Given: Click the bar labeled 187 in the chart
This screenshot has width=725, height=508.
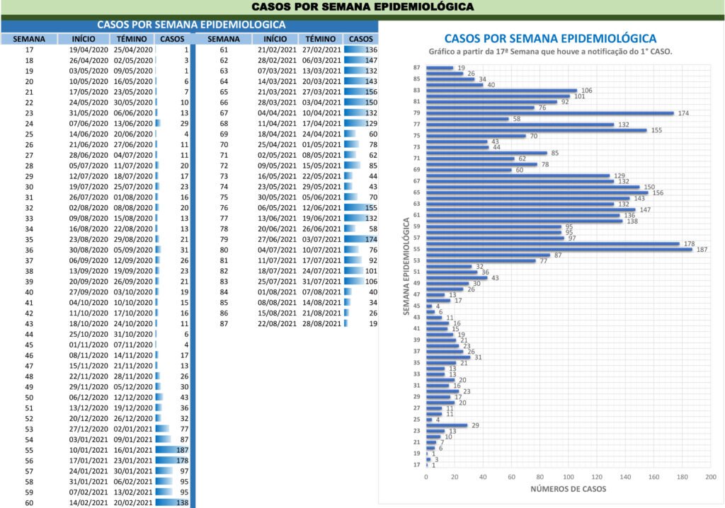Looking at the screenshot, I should [x=559, y=249].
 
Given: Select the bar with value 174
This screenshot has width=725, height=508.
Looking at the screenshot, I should [x=550, y=113].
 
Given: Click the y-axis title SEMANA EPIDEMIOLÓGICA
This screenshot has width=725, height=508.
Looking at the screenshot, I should [x=409, y=267].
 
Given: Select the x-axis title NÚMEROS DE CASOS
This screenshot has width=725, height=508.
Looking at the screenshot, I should [x=569, y=489].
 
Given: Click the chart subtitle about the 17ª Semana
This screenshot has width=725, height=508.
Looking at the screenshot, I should [x=550, y=52].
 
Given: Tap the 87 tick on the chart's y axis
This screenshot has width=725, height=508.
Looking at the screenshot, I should [x=418, y=68].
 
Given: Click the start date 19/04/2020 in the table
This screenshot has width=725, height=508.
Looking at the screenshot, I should [x=89, y=50].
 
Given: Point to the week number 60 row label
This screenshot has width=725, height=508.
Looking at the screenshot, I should [x=29, y=503].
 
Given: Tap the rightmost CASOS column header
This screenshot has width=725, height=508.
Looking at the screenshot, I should [x=361, y=39].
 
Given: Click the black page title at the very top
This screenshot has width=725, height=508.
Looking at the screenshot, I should [x=362, y=7].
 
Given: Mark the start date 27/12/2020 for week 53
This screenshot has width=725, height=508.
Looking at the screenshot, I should [x=89, y=428].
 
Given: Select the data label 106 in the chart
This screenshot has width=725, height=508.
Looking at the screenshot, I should [x=586, y=91].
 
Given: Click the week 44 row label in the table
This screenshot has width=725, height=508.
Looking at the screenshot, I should [x=29, y=334].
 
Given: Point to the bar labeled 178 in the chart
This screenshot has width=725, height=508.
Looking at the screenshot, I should [x=553, y=243].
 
